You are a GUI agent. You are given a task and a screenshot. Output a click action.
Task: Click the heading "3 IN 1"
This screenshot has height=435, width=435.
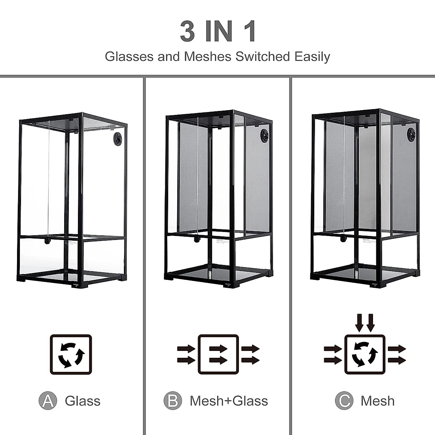click(218, 32)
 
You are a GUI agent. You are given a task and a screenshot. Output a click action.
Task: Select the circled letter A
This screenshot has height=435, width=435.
click(48, 401)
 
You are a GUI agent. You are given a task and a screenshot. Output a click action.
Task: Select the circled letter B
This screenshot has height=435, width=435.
click(173, 401)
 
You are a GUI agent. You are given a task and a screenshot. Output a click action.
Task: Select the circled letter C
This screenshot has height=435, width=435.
click(344, 401)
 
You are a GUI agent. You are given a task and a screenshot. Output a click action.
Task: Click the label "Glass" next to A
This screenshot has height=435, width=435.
click(83, 401)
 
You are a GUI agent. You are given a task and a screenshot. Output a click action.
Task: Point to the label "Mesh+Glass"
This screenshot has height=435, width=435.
click(229, 401)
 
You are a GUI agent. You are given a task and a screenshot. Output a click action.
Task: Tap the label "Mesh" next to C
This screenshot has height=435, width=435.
click(377, 401)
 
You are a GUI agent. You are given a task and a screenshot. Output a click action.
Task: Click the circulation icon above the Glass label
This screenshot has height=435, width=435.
click(71, 355)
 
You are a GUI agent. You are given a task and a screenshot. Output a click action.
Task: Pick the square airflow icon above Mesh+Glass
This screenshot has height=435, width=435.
click(218, 355)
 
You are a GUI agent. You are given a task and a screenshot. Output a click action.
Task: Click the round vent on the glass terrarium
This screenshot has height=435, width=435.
click(118, 139)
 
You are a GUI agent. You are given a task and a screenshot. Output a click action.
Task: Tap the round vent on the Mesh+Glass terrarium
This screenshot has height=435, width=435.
click(265, 136)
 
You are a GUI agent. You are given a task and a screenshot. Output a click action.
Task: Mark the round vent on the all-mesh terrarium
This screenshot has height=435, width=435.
click(411, 134)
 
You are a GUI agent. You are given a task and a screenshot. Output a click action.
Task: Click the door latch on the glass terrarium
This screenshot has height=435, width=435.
click(47, 241)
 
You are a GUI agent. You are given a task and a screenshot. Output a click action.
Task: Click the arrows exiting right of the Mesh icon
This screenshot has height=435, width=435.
click(397, 355)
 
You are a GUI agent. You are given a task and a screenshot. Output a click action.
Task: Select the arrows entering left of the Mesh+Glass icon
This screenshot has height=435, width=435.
click(186, 355)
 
